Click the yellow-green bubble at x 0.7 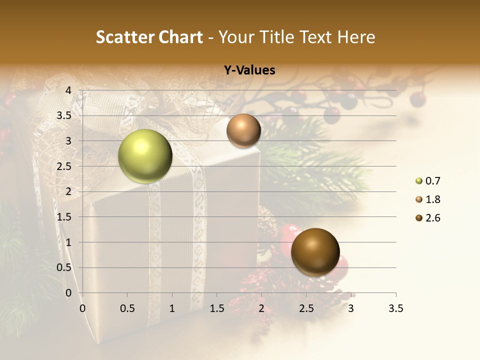point(145,156)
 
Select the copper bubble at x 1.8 point(243,130)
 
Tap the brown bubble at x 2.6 point(315,252)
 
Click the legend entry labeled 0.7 point(432,181)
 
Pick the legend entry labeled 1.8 point(432,199)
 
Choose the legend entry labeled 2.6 point(432,218)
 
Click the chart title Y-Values point(249,70)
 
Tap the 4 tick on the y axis point(68,90)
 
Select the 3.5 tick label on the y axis point(65,115)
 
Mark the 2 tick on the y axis point(68,191)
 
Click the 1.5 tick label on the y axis point(65,217)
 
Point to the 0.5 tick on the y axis point(65,267)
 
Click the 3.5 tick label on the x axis point(395,309)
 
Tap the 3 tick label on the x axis point(351,309)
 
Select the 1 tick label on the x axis point(172,309)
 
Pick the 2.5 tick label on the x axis point(306,309)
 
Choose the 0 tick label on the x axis point(82,309)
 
